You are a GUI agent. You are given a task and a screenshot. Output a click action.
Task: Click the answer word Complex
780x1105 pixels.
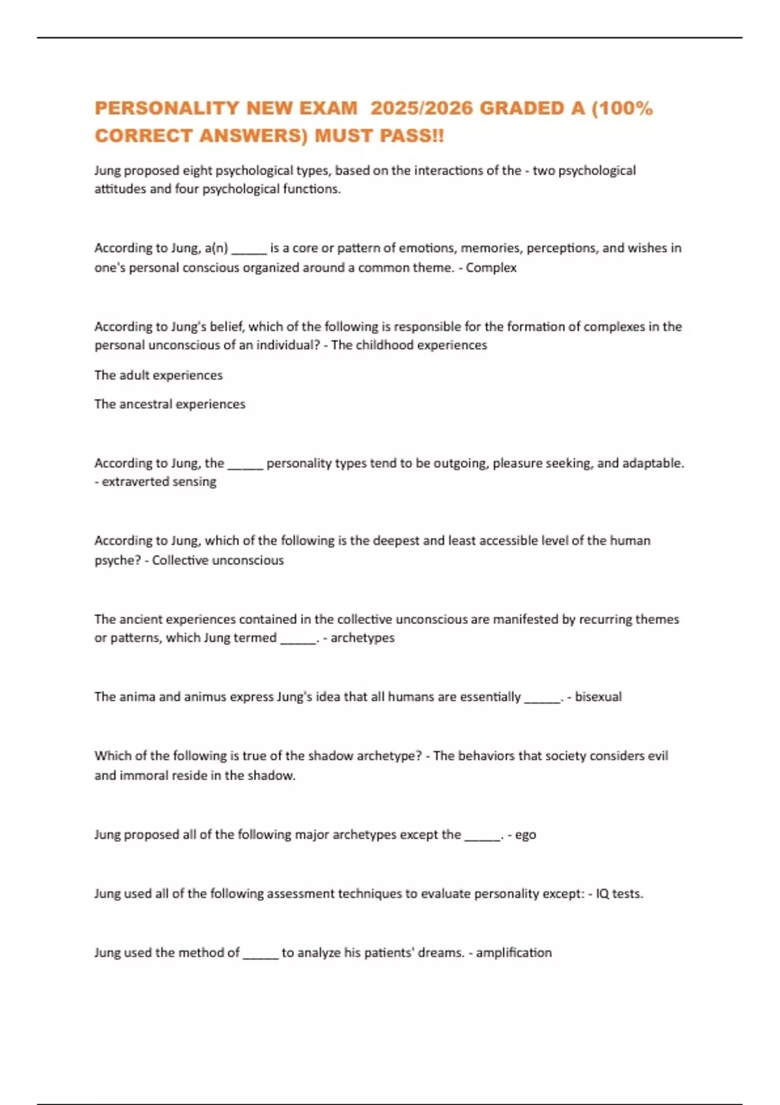click(x=491, y=268)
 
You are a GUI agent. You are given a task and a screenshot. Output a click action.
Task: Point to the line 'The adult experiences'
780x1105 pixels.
click(x=159, y=375)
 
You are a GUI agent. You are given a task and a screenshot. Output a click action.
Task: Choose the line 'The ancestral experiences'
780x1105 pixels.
click(x=170, y=404)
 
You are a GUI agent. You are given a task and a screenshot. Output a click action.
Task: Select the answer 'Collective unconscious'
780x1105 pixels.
click(x=218, y=560)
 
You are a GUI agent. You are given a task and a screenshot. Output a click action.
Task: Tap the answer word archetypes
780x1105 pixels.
click(x=363, y=638)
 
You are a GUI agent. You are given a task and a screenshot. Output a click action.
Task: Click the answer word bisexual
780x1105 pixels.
click(x=598, y=697)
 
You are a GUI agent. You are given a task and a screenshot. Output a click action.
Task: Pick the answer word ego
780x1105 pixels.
click(x=526, y=835)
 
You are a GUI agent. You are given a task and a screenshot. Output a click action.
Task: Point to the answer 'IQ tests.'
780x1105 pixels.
click(x=619, y=894)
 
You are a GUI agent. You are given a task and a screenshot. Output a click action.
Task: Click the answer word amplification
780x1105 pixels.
click(x=513, y=953)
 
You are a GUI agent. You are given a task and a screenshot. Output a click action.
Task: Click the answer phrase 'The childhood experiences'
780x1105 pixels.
click(x=409, y=345)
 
